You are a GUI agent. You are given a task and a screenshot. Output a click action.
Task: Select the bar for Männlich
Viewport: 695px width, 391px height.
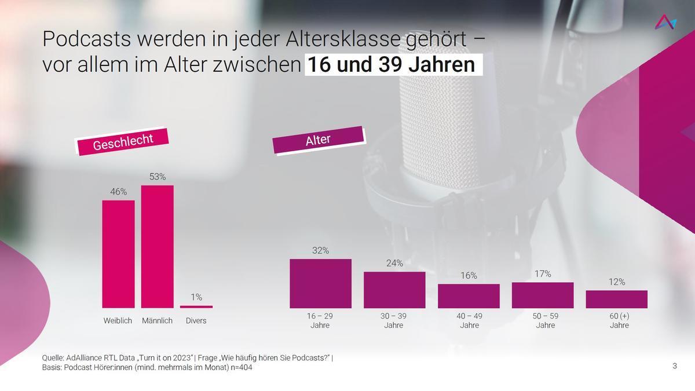[157, 246]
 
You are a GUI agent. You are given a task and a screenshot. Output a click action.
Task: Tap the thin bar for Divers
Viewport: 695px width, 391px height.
[196, 306]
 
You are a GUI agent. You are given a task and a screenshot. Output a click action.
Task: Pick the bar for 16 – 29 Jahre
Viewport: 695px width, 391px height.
[320, 283]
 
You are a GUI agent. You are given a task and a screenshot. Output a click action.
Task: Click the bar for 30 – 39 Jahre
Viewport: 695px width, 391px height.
[394, 290]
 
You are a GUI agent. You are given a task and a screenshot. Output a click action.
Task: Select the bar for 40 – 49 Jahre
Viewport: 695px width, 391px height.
[469, 296]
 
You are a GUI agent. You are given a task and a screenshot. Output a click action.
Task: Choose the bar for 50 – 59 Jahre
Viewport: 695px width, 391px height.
[543, 295]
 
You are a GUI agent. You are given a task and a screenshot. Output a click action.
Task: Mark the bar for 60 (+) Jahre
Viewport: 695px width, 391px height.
[616, 299]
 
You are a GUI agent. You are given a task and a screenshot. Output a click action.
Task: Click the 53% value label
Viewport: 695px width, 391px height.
[158, 177]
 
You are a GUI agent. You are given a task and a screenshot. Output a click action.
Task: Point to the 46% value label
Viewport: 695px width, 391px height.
[119, 192]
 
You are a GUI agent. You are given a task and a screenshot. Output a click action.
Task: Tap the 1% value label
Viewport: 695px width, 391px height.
[196, 297]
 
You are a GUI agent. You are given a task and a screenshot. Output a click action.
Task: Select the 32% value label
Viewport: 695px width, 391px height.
[320, 251]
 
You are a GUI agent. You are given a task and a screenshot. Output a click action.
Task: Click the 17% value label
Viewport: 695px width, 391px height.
[543, 274]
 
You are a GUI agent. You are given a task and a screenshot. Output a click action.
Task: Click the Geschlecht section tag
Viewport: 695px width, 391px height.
[123, 141]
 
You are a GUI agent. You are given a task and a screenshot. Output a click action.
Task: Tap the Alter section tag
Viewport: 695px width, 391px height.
[318, 140]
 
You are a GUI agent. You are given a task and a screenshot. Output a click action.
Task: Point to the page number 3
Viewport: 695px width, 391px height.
[675, 366]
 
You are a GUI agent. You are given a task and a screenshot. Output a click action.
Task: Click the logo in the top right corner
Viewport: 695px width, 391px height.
[665, 23]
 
